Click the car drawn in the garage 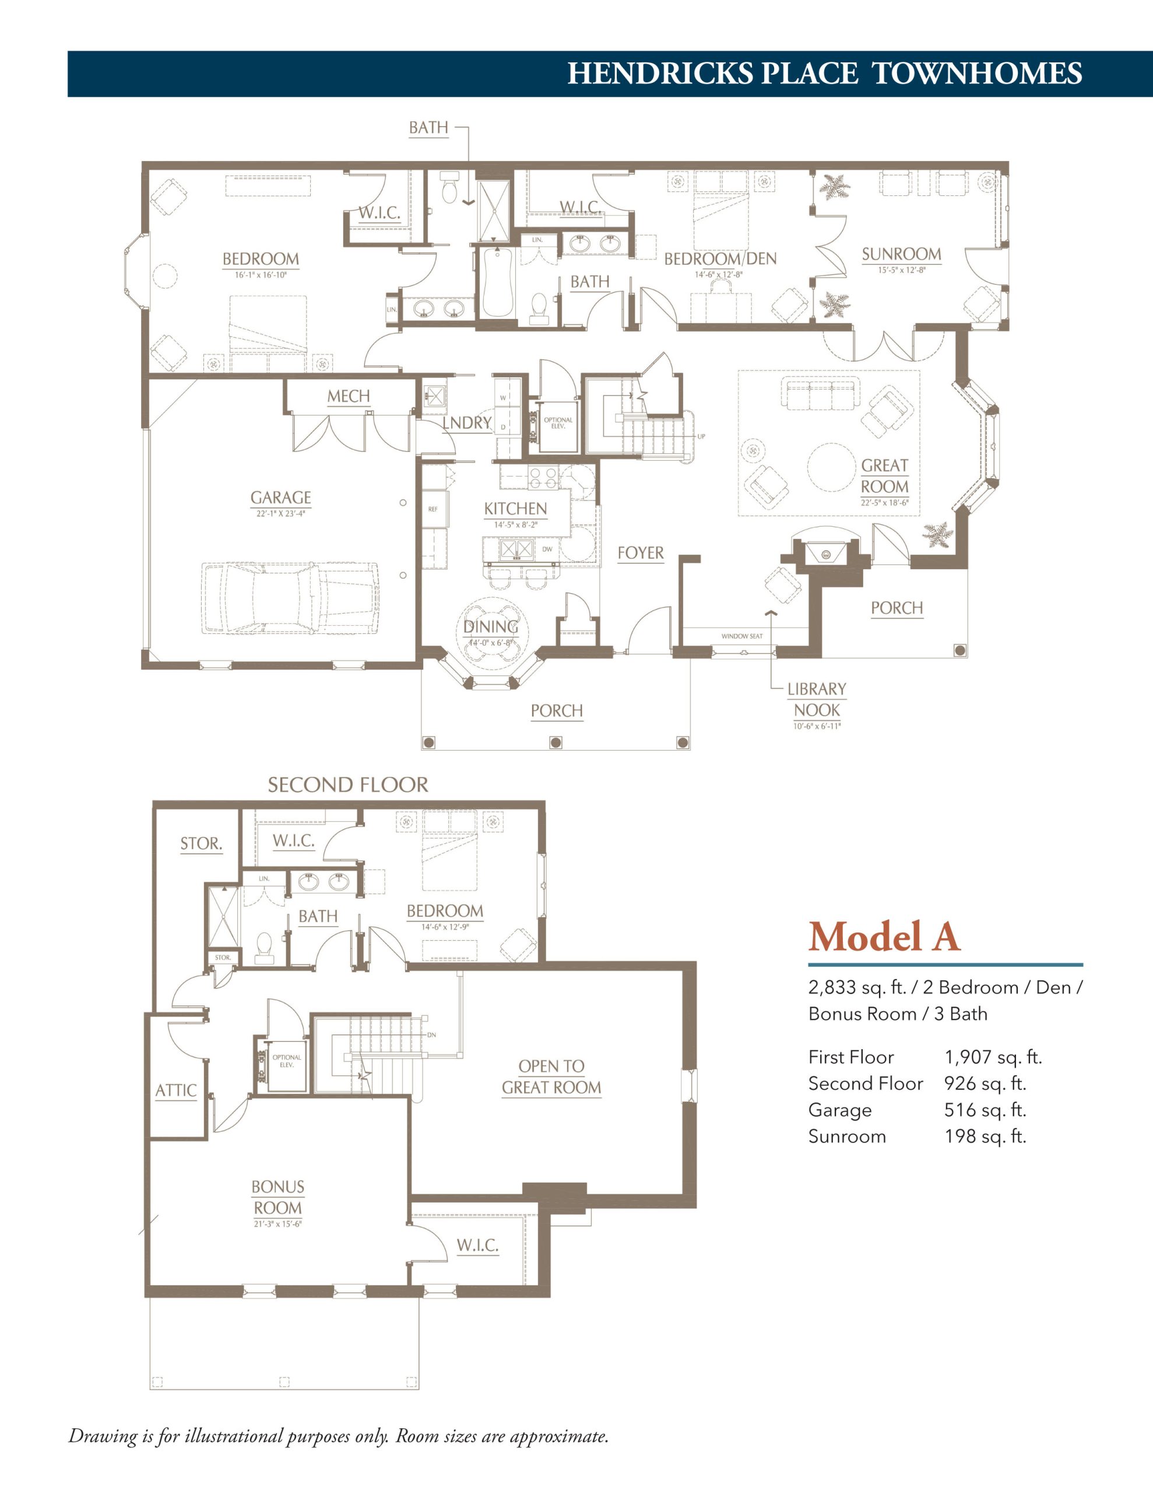coord(290,597)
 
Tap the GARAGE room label coord(281,497)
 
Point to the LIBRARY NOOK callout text coord(817,699)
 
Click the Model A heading coord(884,937)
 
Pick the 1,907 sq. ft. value coord(993,1057)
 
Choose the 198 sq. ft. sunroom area coord(985,1136)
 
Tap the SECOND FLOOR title coord(348,785)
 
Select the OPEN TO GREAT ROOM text coord(551,1077)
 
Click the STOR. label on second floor coord(201,843)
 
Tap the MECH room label coord(349,397)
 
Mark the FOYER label coord(641,553)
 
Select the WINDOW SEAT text coord(741,636)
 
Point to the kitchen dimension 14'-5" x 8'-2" coord(515,525)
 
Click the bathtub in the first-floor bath coord(497,282)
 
